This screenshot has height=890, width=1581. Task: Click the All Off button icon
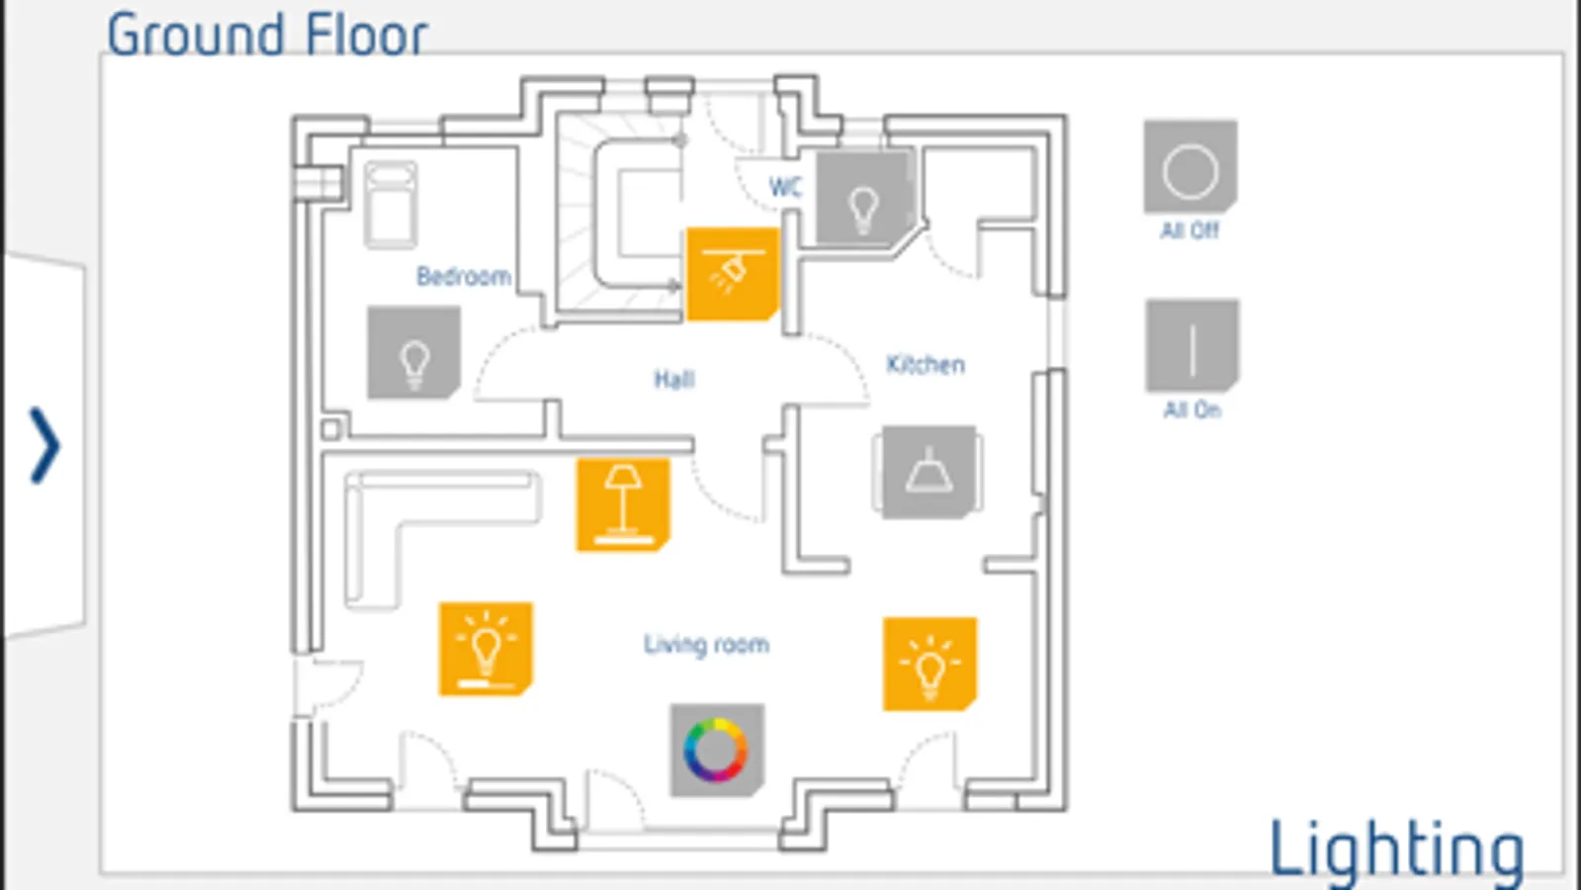(x=1189, y=168)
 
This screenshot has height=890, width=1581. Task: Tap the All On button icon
(x=1191, y=347)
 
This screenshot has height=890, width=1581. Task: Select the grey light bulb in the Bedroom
(x=413, y=353)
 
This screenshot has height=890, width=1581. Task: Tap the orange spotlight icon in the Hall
(x=732, y=274)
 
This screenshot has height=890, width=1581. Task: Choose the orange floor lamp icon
(x=623, y=503)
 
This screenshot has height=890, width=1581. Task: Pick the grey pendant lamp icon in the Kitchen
(x=928, y=472)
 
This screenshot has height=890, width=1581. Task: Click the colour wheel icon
(x=717, y=750)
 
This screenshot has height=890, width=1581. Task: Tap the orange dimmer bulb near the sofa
(x=485, y=648)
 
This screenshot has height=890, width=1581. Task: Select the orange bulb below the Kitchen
(x=929, y=664)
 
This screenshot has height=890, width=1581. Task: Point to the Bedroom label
(x=463, y=277)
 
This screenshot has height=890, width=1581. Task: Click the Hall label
(x=674, y=379)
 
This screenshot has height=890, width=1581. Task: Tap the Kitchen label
(x=925, y=365)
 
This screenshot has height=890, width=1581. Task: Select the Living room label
(x=706, y=645)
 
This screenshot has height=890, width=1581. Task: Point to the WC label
(x=785, y=187)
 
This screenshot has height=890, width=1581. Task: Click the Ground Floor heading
(x=267, y=35)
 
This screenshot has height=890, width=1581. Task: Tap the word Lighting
(x=1396, y=848)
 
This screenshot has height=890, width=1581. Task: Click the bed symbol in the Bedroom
(x=391, y=205)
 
